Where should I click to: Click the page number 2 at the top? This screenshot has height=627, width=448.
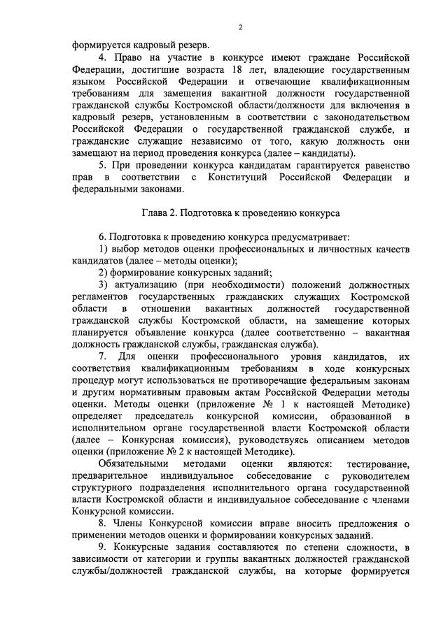coord(239,27)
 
